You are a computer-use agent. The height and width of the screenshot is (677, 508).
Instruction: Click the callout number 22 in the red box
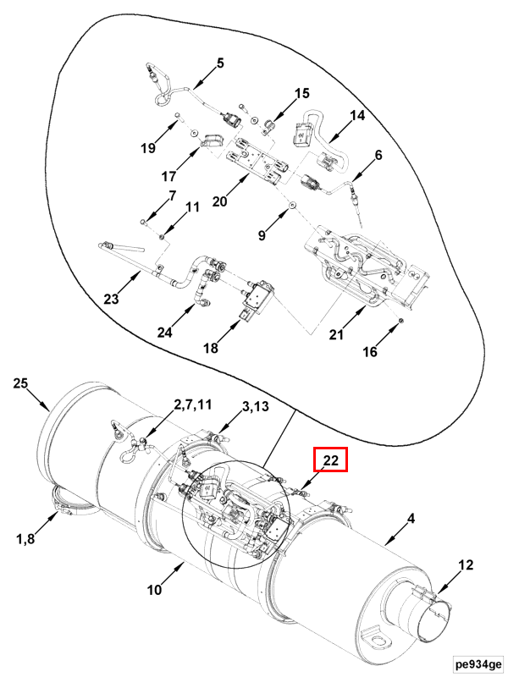pos(330,460)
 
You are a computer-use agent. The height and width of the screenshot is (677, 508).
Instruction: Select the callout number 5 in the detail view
pos(220,63)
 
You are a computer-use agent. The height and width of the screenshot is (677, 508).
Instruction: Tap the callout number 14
pos(357,115)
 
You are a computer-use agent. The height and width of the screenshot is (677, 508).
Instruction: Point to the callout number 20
pos(219,201)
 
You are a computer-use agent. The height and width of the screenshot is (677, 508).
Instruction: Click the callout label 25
pos(20,383)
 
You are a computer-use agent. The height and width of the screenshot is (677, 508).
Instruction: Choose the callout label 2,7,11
pos(193,405)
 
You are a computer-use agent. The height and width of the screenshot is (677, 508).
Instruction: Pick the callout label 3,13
pos(256,406)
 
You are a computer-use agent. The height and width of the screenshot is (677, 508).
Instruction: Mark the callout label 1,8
pos(25,538)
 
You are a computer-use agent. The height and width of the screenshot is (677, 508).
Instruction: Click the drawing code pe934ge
pos(478,663)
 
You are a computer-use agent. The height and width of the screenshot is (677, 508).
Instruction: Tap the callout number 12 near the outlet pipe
pos(466,564)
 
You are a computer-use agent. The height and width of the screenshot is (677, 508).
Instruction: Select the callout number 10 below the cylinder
pos(154,589)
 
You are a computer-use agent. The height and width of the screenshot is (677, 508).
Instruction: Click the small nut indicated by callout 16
pos(400,321)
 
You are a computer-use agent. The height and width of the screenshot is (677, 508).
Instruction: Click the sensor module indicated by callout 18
pos(256,297)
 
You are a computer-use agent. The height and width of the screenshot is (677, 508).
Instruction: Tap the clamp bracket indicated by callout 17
pos(212,141)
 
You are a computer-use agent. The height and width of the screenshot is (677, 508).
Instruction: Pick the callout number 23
pos(111,298)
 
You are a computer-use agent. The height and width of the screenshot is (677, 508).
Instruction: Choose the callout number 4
pos(411,518)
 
